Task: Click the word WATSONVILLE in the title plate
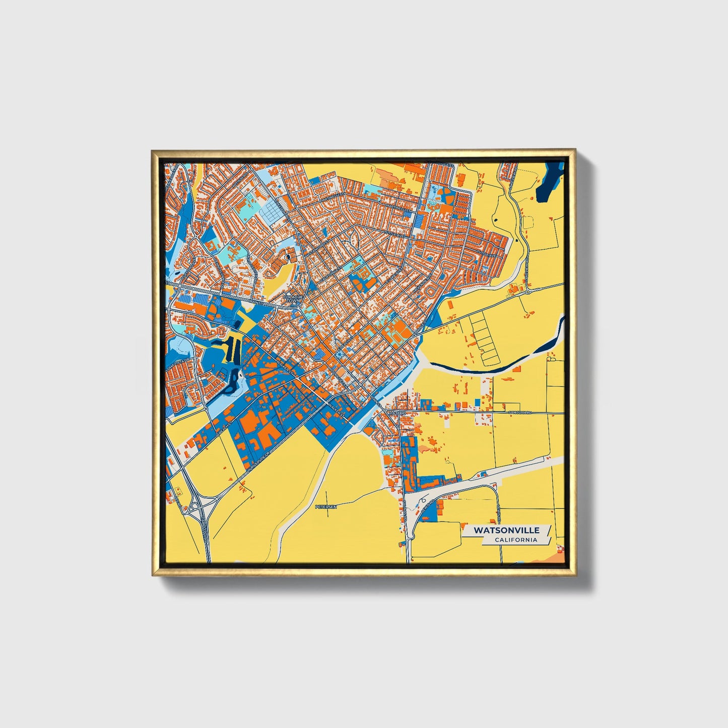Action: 507,530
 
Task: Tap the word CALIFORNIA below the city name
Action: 515,540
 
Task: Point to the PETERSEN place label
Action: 325,506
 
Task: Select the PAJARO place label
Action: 397,413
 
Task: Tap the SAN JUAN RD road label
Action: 520,413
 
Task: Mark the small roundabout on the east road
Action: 528,291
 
